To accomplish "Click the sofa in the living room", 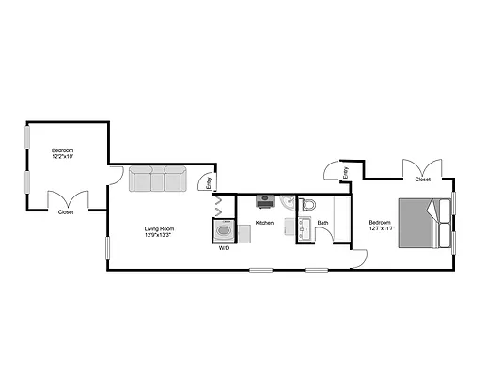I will (x=157, y=180).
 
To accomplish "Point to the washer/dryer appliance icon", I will (x=225, y=231).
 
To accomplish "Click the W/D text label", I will (x=224, y=249).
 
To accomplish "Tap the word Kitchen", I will (x=264, y=223).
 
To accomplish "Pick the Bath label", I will (x=322, y=223).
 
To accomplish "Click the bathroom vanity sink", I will (x=304, y=227).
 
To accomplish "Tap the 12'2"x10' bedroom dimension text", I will (x=63, y=156).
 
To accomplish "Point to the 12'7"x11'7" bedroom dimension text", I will (x=381, y=227).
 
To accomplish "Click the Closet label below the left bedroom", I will (x=66, y=212).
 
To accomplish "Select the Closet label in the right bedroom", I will (x=423, y=179).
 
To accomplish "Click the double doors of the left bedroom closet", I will (x=67, y=198).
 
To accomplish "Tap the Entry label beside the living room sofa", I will (x=209, y=183).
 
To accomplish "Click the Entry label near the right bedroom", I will (x=345, y=171).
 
